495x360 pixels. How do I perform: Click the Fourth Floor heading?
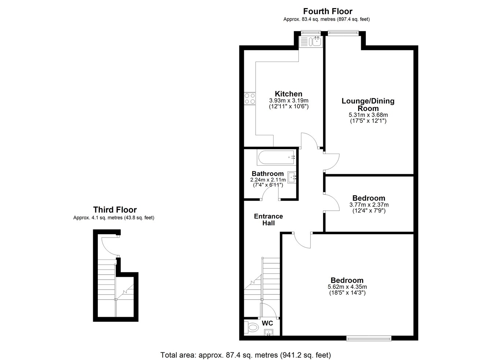click(327, 11)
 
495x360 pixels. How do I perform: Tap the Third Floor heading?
click(115, 209)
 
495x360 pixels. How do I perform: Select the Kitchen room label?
click(288, 93)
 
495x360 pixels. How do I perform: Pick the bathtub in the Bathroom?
click(276, 158)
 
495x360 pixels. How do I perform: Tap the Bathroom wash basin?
click(292, 177)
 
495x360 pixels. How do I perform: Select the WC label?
click(267, 323)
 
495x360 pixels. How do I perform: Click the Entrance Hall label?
click(268, 220)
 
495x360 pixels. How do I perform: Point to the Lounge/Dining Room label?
click(368, 104)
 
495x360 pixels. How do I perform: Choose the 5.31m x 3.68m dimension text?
click(368, 115)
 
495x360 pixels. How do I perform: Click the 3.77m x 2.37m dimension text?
click(369, 205)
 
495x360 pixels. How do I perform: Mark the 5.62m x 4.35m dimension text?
click(347, 287)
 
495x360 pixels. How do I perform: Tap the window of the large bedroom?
click(368, 338)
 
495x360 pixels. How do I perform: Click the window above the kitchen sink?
click(311, 33)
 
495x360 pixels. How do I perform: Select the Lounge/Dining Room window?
click(343, 33)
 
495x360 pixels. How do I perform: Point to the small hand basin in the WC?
click(268, 333)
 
